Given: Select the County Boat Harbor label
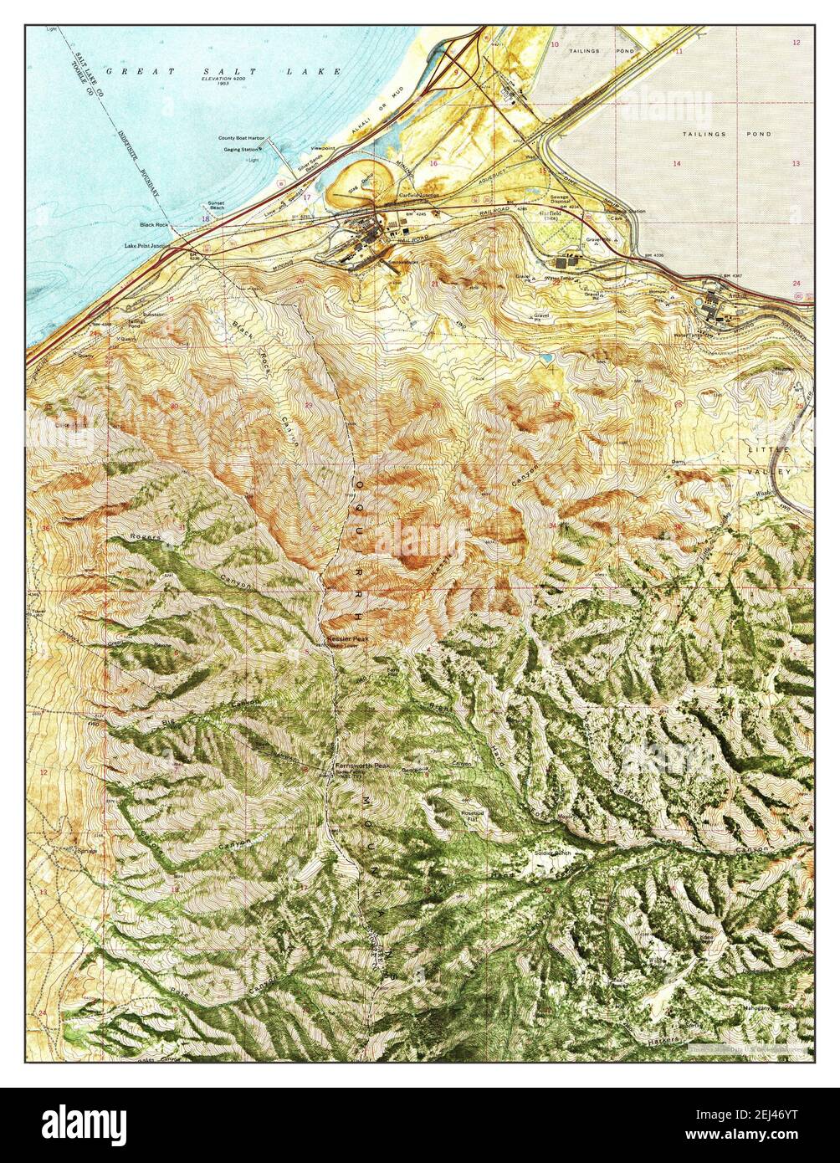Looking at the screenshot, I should (240, 138).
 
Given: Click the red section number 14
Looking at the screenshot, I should (676, 164).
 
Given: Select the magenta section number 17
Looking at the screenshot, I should (307, 197).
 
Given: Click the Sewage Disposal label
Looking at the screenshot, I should (559, 201).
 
